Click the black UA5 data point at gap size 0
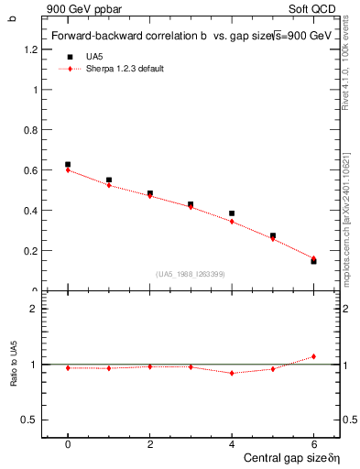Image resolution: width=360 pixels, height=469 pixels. point(68,165)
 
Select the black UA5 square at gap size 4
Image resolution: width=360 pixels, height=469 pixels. point(232,213)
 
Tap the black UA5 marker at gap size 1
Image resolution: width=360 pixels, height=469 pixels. point(109,180)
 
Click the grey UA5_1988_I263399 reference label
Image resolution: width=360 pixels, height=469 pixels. point(191,274)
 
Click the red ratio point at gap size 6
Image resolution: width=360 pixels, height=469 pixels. point(313,356)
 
